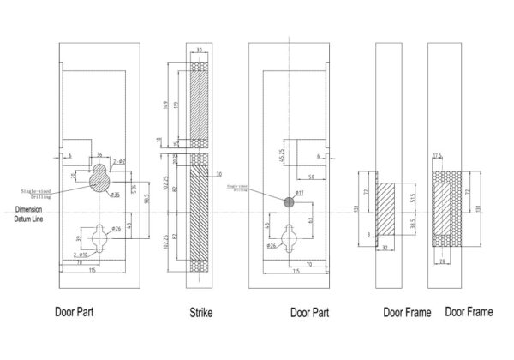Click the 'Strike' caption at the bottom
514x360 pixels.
(x=200, y=315)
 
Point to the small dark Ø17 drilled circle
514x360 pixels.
(x=290, y=203)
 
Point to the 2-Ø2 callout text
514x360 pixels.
(x=121, y=162)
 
